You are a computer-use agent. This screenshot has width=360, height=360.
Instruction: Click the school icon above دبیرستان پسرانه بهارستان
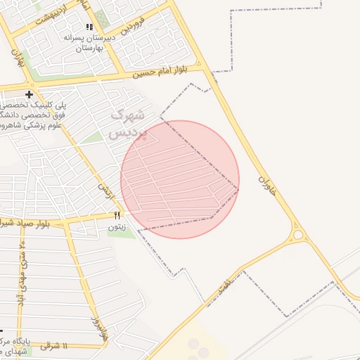[89, 27]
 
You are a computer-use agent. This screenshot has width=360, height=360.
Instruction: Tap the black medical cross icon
[29, 94]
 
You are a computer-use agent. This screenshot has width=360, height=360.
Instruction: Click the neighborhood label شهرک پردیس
[128, 122]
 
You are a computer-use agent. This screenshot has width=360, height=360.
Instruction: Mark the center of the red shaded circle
[180, 179]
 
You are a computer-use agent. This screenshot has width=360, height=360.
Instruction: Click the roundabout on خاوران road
[298, 234]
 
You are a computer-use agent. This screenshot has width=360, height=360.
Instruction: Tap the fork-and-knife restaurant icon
[117, 215]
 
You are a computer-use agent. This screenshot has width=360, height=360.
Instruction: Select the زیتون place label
[117, 227]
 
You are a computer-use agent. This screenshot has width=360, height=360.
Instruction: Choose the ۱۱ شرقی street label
[53, 346]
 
